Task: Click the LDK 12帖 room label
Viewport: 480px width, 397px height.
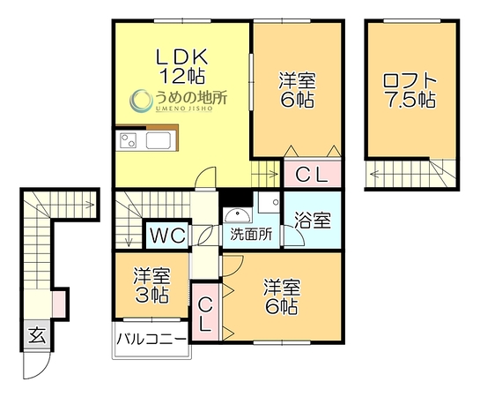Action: coord(181,66)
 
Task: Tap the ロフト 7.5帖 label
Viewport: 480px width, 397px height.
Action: coord(410,91)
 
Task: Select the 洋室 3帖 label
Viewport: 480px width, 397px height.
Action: coord(151,286)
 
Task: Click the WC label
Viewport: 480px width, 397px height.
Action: coord(167,236)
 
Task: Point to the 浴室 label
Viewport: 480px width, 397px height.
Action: coord(313,220)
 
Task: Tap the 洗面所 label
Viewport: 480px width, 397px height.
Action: coord(251,235)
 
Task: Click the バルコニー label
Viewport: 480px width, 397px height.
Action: coord(151,339)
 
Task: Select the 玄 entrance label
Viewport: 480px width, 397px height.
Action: coord(37,335)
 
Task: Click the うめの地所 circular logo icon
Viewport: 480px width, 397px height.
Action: coord(141,100)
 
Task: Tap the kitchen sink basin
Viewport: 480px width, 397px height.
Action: coord(158,140)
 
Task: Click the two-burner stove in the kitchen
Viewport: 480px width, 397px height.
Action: coord(128,140)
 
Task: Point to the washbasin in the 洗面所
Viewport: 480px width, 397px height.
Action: coord(237,215)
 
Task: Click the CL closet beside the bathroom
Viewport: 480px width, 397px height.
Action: coord(313,174)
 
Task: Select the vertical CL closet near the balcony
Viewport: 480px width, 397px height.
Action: coord(205,311)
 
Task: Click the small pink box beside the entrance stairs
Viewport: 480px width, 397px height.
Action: coord(58,304)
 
